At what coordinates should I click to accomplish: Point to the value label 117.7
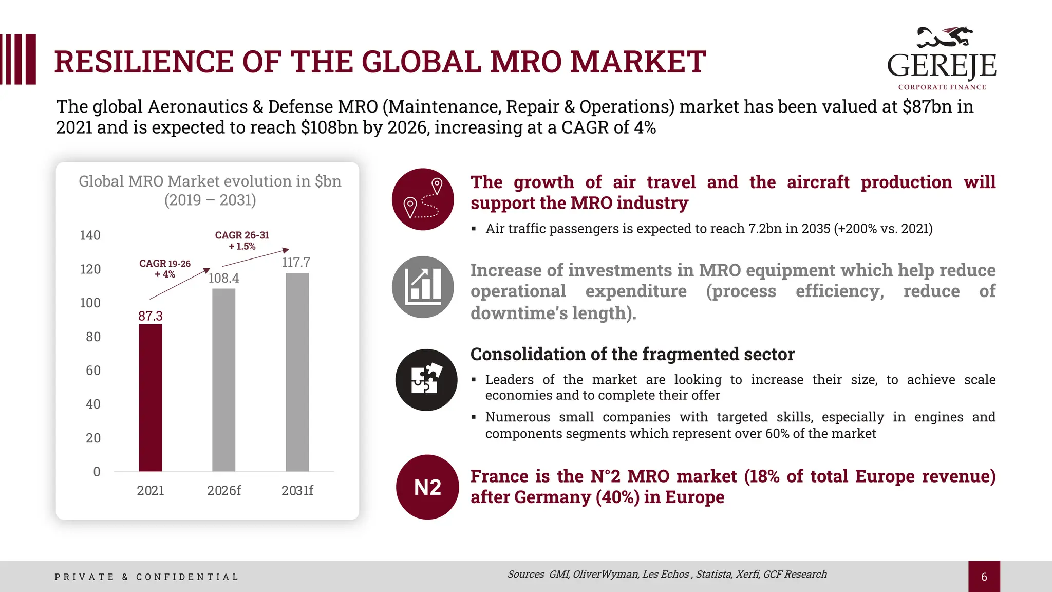click(296, 263)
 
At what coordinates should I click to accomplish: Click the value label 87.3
click(150, 316)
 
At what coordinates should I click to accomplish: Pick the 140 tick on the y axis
click(90, 235)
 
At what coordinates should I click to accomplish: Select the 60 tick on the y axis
click(93, 371)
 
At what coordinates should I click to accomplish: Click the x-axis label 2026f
click(223, 491)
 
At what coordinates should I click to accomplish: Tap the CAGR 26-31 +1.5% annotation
click(242, 240)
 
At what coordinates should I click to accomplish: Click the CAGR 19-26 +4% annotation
click(165, 269)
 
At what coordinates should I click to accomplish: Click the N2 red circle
click(427, 487)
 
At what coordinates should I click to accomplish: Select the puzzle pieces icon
click(426, 380)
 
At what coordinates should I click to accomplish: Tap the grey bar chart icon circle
click(423, 287)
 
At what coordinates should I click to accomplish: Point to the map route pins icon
click(423, 199)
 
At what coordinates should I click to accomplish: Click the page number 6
click(984, 577)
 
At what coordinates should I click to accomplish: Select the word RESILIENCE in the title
click(144, 62)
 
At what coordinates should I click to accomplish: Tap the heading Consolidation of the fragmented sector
click(632, 354)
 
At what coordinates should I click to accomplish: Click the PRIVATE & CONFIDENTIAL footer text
click(146, 577)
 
